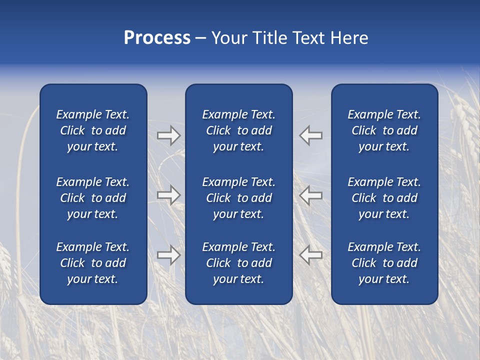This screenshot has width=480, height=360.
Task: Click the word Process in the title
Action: click(157, 38)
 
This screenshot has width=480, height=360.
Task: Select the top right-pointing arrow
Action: click(168, 135)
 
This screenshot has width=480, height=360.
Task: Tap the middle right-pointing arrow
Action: click(168, 195)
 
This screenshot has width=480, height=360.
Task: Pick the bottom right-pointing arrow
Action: click(168, 255)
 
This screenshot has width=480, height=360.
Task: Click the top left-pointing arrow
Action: click(311, 135)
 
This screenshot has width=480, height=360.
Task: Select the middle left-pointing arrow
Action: click(311, 195)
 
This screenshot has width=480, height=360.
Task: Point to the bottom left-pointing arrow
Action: click(311, 255)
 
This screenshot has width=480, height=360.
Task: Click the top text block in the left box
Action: click(93, 130)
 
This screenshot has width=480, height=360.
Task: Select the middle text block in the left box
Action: click(93, 198)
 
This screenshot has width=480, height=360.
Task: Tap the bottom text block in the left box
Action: click(93, 263)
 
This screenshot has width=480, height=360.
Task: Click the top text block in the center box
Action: click(238, 130)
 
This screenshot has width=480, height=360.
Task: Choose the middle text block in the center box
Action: click(238, 198)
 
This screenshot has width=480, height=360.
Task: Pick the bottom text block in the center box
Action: click(238, 263)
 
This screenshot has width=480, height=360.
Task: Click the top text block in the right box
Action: click(384, 130)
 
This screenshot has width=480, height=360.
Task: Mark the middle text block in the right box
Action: click(384, 198)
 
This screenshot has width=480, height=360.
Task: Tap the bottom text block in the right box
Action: click(384, 263)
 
